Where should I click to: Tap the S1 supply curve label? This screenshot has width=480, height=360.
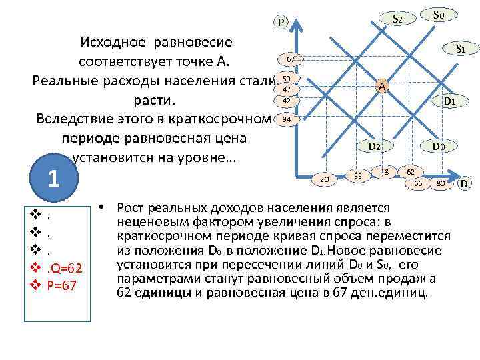click(x=460, y=48)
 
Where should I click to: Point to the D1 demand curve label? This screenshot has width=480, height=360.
click(x=449, y=101)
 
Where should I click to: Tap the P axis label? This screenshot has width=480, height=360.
click(x=281, y=23)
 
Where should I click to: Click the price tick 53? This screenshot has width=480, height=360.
click(x=287, y=79)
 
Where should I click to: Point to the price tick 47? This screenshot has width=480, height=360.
click(x=287, y=89)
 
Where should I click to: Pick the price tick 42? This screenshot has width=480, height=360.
click(x=287, y=101)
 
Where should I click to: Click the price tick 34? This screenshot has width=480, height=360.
click(x=287, y=119)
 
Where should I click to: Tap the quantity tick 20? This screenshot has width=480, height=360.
click(x=325, y=178)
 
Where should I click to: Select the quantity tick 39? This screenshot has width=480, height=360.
click(x=359, y=175)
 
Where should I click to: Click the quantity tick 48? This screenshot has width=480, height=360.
click(x=384, y=171)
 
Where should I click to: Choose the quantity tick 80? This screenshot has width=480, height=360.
click(x=440, y=182)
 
